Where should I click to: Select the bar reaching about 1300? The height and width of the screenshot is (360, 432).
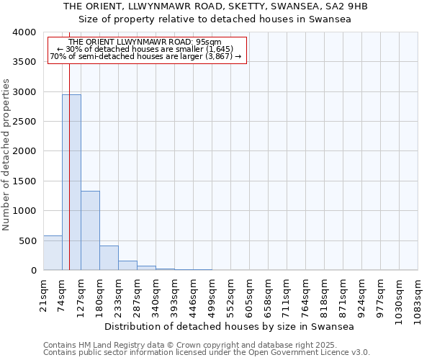tap(90, 230)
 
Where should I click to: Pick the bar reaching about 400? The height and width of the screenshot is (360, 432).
tap(109, 258)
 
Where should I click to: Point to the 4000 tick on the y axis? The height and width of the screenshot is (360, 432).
tap(24, 32)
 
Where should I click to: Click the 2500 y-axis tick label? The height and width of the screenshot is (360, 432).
tap(24, 122)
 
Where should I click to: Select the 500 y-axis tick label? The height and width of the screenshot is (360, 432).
tap(27, 240)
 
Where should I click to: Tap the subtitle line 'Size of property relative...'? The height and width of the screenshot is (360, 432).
tap(215, 19)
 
